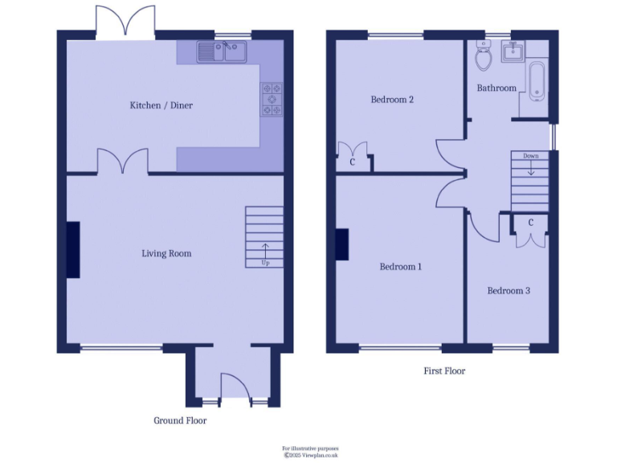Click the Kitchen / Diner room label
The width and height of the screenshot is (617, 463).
pos(161,105)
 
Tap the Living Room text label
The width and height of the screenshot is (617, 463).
pos(166,253)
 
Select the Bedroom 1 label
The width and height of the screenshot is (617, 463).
pos(400,267)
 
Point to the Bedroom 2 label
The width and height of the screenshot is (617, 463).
pos(392,100)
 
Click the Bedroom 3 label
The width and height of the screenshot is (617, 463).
pos(509,291)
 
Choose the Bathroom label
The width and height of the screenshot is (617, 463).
pos(496,88)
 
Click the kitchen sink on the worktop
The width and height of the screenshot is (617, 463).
pos(224,53)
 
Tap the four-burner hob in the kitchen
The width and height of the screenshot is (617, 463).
pos(272,100)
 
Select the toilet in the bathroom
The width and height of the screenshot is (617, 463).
pos(484,57)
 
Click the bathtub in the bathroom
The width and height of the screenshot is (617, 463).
pos(537,83)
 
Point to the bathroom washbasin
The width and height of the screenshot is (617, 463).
pos(513,53)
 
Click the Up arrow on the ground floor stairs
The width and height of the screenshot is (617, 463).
pos(265,251)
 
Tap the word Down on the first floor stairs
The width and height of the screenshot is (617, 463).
pos(530,156)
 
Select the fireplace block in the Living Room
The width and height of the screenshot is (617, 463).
pos(73,250)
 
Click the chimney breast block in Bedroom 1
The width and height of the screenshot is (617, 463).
pos(342,245)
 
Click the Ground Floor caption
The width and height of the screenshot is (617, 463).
pos(180,420)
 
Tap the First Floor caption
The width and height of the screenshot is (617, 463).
pos(444,371)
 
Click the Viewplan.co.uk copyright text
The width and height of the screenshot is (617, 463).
pos(310,455)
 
